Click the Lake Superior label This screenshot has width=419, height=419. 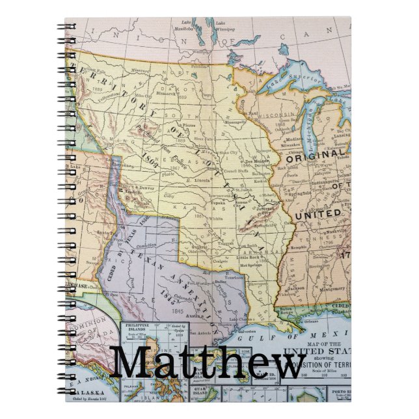coord(304,80)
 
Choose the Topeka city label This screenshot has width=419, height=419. coord(217,202)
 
